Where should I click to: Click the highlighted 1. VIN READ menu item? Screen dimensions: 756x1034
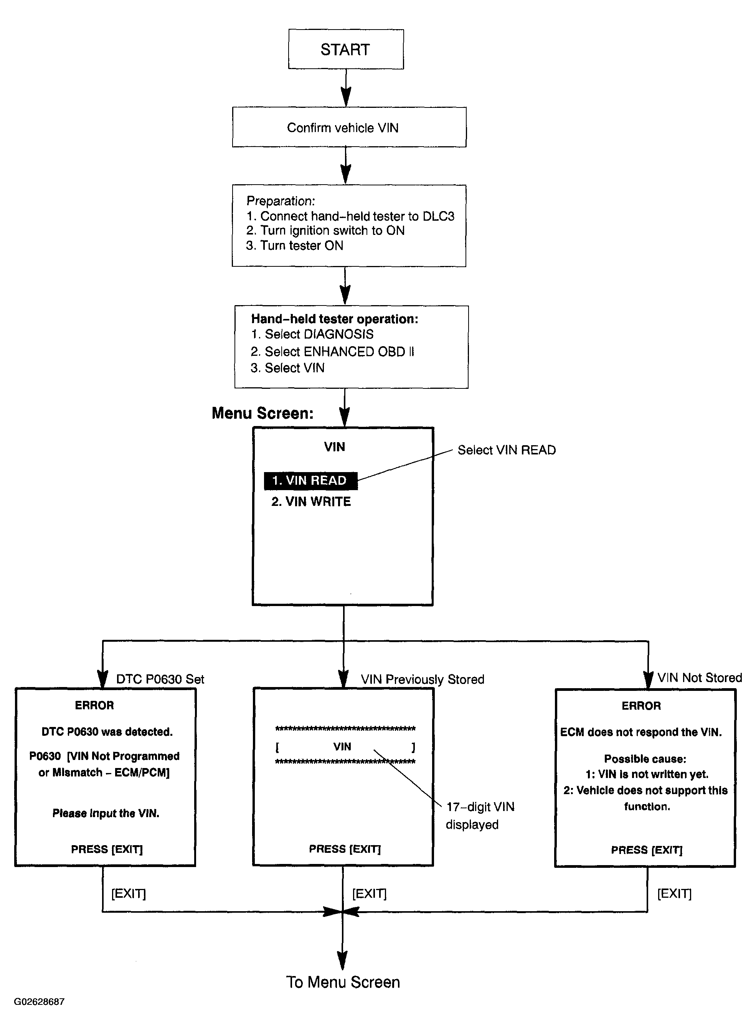pos(311,481)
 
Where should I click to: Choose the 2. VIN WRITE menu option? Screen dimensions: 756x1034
pos(311,502)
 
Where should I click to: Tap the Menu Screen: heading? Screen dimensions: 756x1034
pos(262,413)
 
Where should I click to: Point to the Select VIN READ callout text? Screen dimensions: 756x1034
pos(507,450)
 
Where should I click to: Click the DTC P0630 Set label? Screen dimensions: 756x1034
pos(160,679)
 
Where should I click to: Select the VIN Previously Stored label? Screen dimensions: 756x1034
pos(423,679)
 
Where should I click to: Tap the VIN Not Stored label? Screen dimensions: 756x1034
pos(700,677)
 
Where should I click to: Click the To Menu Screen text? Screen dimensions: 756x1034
pos(343,982)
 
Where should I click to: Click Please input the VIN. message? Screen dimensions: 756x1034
pos(106,813)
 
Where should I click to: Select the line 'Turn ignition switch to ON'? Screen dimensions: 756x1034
pos(325,230)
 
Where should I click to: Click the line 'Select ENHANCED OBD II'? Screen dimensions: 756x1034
pos(332,352)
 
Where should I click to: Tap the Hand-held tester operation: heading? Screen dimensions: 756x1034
pos(335,319)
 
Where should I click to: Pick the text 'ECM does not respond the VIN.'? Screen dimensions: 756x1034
pos(640,732)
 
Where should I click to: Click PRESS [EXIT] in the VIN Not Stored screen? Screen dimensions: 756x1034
pos(647,850)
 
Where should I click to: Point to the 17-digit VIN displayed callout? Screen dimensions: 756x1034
pos(480,816)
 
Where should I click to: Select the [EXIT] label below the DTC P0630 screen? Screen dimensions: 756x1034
pos(129,894)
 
